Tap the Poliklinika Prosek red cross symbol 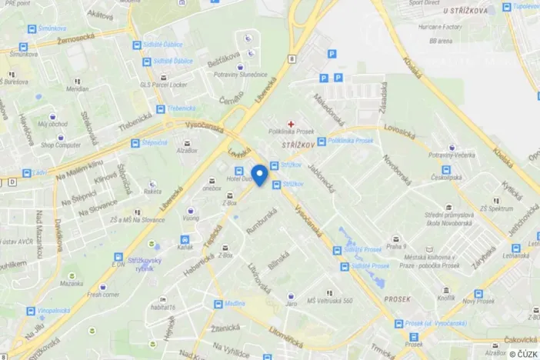[291, 124]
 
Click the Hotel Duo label [239, 180]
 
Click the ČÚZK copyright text [523, 353]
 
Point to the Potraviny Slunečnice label [242, 74]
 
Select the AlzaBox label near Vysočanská [186, 152]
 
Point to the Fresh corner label [103, 294]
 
